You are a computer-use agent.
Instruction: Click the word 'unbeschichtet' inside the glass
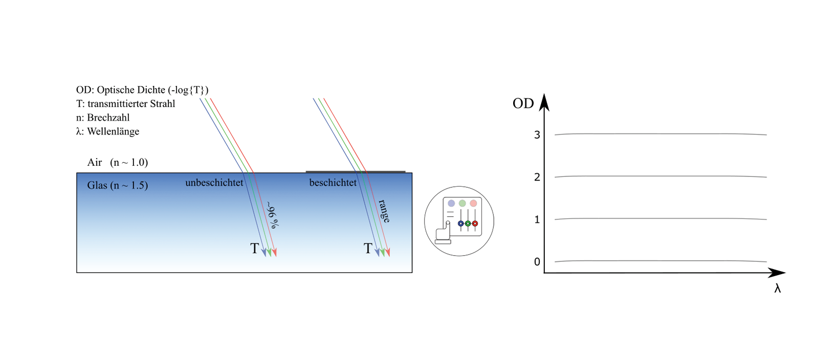(x=214, y=183)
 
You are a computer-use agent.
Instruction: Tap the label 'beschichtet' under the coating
(x=333, y=183)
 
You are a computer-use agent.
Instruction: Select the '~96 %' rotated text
(x=273, y=215)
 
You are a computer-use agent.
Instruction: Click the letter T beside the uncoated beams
(x=254, y=249)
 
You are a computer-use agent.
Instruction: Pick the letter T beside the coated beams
(x=368, y=249)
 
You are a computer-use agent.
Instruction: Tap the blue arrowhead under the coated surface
(x=378, y=252)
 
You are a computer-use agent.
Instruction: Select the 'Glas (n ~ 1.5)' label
(x=117, y=186)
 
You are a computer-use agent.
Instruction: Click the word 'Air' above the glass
(x=95, y=163)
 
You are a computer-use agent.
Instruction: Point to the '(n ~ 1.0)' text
(x=129, y=163)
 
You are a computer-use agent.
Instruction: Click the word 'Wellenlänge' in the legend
(x=113, y=131)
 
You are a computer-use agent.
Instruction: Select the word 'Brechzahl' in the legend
(x=108, y=118)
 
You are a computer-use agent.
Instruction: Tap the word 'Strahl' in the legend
(x=163, y=104)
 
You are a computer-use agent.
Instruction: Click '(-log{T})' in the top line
(x=188, y=90)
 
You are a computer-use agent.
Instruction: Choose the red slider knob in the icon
(x=475, y=223)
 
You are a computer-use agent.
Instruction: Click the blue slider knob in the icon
(x=460, y=223)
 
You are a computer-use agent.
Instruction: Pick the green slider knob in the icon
(x=468, y=223)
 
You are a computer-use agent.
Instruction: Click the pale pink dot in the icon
(x=473, y=204)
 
